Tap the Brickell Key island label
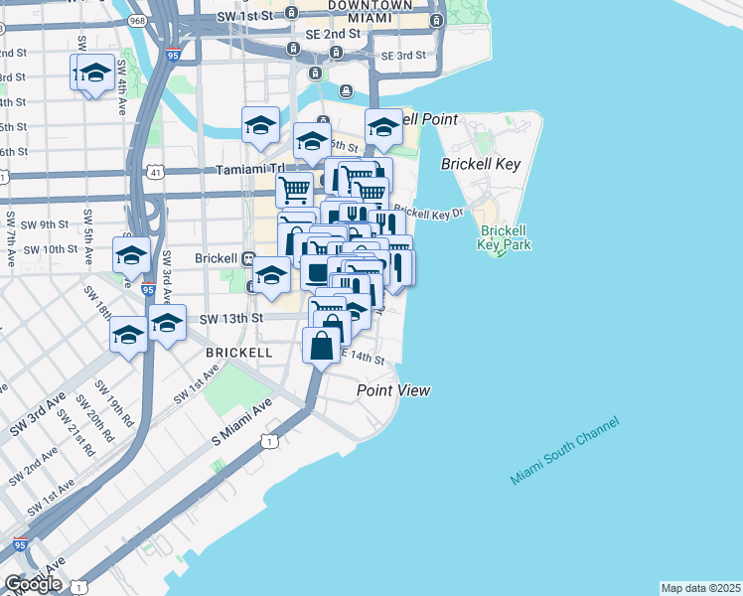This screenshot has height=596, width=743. tap(480, 164)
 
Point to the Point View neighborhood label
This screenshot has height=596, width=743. tap(393, 390)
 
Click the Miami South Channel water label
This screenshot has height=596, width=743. tap(564, 451)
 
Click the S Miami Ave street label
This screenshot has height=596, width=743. tap(240, 423)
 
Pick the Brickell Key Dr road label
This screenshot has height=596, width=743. tap(428, 213)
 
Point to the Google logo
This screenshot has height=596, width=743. tap(34, 584)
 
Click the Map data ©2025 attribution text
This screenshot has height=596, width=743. tap(700, 588)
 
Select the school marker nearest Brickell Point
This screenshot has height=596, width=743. tap(383, 127)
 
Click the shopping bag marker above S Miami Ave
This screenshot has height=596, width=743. tap(322, 348)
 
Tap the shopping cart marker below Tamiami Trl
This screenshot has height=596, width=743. tap(295, 189)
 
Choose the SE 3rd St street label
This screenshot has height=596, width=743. tap(402, 56)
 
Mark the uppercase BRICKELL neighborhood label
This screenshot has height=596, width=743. tap(239, 353)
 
